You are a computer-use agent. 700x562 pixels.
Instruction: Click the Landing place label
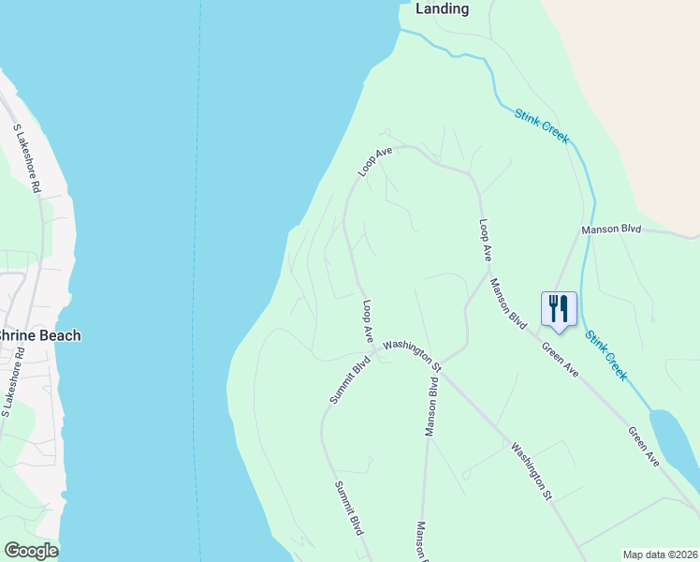pos(442,8)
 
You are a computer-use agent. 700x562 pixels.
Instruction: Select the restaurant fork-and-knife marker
pos(559,308)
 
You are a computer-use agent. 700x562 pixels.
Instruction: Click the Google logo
pos(30,551)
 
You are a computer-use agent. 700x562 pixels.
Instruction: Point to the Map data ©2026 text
pos(660,555)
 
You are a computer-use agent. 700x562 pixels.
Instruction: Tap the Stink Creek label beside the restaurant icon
pos(606,354)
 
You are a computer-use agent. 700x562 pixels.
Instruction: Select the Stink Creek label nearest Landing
pos(541,126)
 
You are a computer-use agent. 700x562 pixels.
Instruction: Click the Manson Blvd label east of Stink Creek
pos(610,229)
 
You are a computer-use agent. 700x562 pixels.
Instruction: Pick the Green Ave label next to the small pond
pos(644,447)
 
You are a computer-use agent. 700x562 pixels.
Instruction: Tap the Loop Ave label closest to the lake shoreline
pos(374,161)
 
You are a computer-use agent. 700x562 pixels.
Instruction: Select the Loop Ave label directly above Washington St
pos(368,321)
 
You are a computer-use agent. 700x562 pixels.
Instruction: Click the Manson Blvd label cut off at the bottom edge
pos(422,541)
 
